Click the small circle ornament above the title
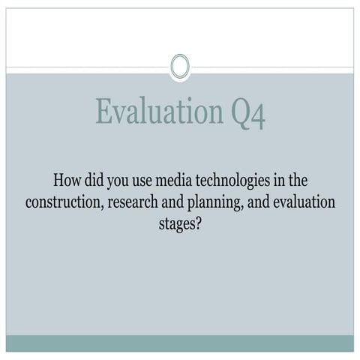click(x=180, y=66)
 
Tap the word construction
click(x=61, y=203)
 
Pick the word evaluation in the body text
click(x=301, y=203)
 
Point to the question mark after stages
click(x=197, y=224)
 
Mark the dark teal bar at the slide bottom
click(x=180, y=343)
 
